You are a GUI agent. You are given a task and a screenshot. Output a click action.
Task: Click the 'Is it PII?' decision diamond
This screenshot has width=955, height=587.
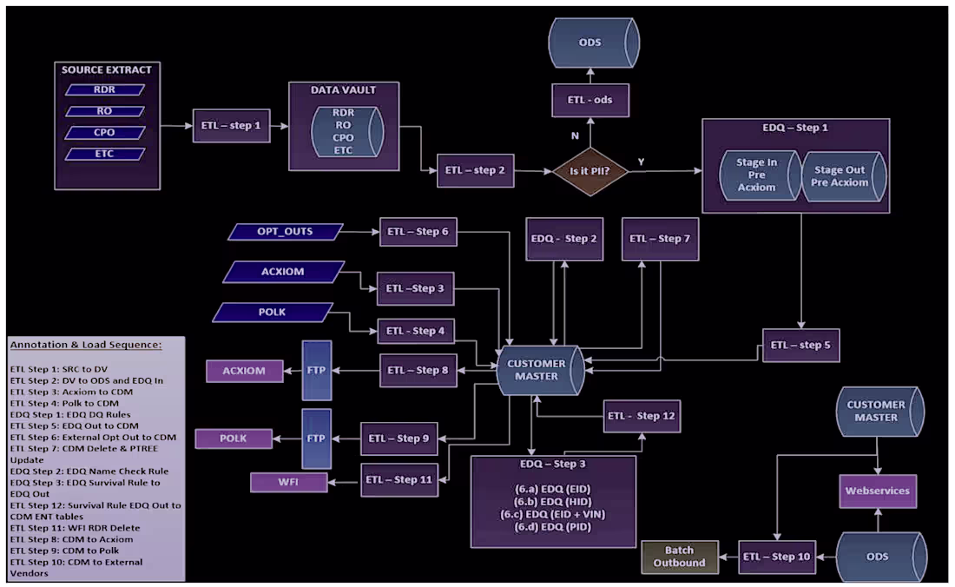tap(590, 171)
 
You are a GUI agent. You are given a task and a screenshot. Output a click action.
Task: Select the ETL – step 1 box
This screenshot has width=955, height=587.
tap(230, 125)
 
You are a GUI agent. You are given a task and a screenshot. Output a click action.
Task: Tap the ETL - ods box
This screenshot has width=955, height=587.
tap(589, 100)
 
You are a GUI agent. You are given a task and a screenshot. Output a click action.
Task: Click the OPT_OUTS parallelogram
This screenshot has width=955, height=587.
tap(285, 232)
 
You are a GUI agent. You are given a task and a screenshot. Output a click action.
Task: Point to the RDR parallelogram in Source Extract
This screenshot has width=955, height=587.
tap(104, 89)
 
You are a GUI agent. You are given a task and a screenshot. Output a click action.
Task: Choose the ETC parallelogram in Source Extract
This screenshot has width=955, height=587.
tap(104, 155)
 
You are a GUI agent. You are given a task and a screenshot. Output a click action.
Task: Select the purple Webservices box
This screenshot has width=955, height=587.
tap(877, 491)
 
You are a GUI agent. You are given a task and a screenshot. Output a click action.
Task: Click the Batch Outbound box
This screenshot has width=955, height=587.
tap(680, 556)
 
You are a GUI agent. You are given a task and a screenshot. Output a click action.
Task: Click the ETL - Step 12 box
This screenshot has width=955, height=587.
tap(642, 416)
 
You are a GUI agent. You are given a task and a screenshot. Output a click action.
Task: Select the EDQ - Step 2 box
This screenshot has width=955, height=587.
tap(563, 239)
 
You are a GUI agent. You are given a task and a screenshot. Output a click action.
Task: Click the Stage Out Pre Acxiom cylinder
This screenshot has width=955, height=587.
tap(841, 176)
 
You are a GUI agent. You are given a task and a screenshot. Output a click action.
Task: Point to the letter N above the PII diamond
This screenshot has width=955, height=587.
tap(574, 135)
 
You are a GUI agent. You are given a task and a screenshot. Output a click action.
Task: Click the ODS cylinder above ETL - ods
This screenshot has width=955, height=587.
tap(594, 42)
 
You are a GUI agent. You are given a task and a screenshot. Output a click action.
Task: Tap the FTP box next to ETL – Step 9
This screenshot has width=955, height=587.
tap(316, 439)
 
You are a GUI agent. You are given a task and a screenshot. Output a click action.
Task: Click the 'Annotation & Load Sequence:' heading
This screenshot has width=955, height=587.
tap(86, 345)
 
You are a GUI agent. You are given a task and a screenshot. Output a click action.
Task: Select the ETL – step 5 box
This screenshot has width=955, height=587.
tap(800, 345)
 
